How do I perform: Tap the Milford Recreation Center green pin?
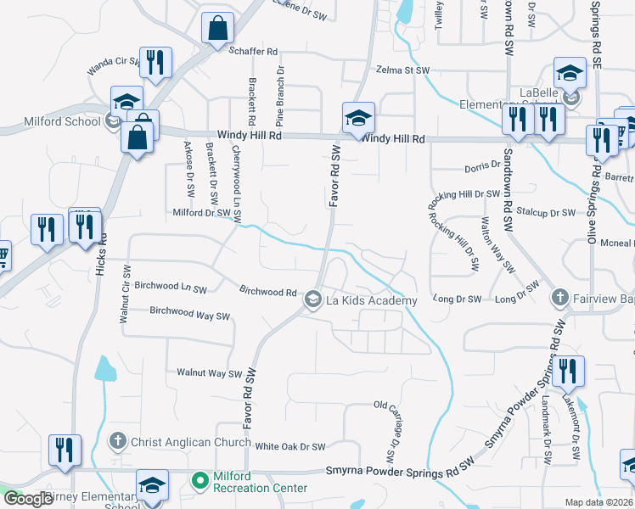click(x=200, y=482)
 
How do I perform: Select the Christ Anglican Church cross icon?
click(x=118, y=441)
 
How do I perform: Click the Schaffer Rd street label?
click(x=253, y=52)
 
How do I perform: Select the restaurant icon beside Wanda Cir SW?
click(x=155, y=63)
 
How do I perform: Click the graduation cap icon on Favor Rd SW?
click(x=358, y=118)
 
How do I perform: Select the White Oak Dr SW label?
click(x=290, y=446)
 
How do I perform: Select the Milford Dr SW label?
click(x=201, y=213)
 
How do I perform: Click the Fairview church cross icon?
click(x=559, y=298)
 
